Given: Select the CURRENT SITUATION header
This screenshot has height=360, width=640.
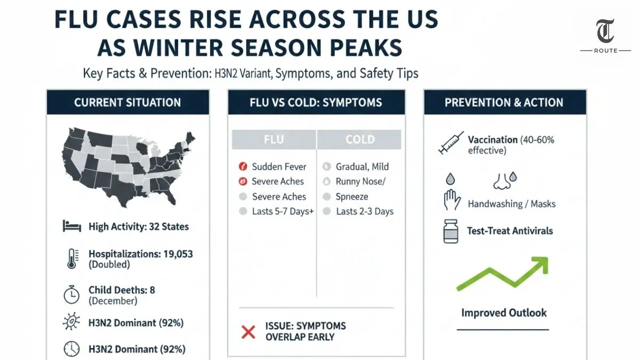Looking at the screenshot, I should point(127,102).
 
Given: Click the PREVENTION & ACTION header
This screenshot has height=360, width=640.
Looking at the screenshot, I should point(504,102).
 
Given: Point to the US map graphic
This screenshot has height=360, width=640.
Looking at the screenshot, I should point(128,162).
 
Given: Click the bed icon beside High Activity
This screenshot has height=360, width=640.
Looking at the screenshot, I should point(71,226).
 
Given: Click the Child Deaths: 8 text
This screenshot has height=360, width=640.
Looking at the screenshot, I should point(122,290).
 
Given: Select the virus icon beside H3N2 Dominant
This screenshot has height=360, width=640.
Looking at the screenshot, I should point(71,322).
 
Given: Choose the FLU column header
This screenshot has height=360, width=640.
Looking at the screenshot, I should point(274,140).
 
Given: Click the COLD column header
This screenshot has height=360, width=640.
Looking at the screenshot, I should point(359,140).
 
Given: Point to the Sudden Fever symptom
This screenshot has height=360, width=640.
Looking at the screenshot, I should point(279,166).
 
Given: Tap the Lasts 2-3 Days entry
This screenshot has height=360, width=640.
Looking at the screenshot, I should point(364,211).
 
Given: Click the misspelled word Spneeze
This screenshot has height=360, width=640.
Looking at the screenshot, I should point(352,196).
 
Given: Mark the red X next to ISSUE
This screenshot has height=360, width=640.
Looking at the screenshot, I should point(249,332).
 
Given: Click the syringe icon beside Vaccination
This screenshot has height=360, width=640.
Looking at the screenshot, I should point(450,143).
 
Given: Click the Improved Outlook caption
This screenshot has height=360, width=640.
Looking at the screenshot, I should point(504,313).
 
